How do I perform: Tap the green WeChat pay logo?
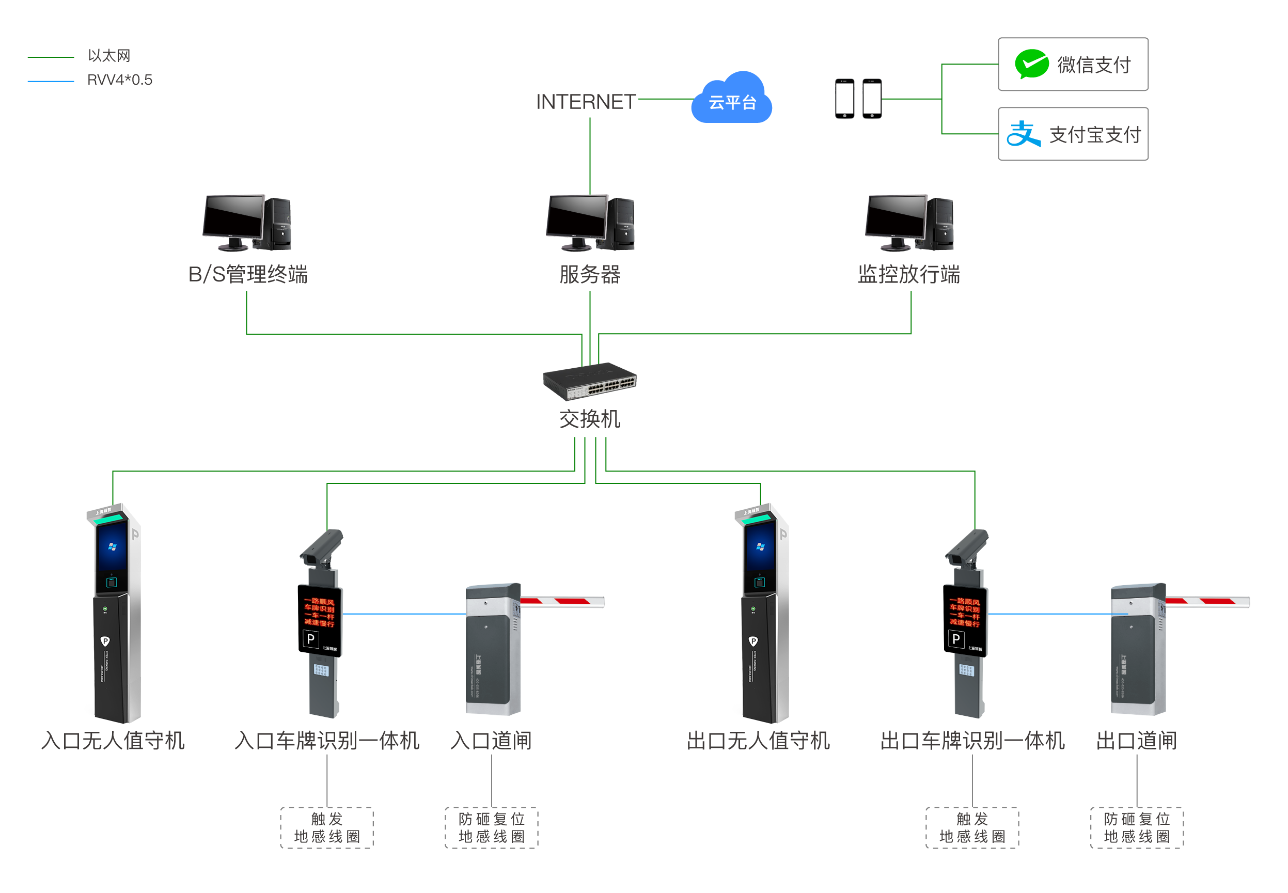point(1031,64)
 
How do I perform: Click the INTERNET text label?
point(585,102)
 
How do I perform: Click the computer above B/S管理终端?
point(246,222)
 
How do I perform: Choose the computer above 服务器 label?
point(590,222)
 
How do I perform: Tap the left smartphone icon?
point(844,99)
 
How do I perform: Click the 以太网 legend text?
point(109,55)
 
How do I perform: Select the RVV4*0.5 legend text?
point(119,80)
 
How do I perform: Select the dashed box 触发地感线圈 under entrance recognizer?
point(327,827)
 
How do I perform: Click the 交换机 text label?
point(589,418)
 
